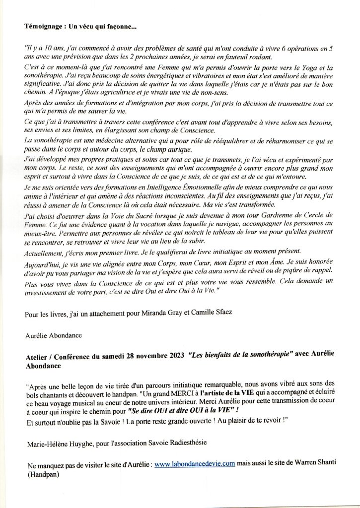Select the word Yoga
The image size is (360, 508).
point(310,67)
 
